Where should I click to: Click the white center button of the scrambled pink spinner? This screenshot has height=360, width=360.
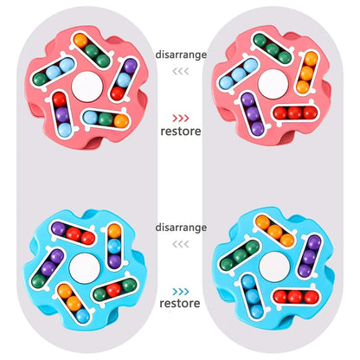(87, 87)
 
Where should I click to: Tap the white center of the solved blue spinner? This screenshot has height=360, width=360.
(274, 267)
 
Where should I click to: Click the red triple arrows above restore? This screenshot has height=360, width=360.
(181, 118)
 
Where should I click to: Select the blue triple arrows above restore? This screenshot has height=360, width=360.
(181, 292)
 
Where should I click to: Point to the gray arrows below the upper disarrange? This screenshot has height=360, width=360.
(181, 71)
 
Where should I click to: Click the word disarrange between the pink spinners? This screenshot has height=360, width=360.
(181, 55)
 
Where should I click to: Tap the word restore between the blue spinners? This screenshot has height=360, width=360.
(180, 303)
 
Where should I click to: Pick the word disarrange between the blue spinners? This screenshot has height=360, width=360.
(181, 228)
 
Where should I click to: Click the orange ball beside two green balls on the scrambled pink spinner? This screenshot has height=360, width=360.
(80, 42)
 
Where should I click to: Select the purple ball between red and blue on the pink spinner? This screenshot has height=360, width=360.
(61, 114)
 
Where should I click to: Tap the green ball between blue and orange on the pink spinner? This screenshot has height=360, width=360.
(106, 119)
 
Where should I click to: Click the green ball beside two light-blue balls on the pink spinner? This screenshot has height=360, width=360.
(40, 79)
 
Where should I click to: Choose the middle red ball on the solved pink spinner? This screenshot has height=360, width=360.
(295, 112)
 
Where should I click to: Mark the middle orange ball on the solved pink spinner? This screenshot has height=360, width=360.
(306, 74)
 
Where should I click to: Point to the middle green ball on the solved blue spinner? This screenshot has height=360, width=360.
(240, 255)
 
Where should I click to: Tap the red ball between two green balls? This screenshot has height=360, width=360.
(114, 289)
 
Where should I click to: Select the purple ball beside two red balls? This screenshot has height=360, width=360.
(59, 228)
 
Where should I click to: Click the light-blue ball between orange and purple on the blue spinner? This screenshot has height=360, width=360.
(114, 246)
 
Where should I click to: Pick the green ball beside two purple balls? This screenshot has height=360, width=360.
(38, 280)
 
